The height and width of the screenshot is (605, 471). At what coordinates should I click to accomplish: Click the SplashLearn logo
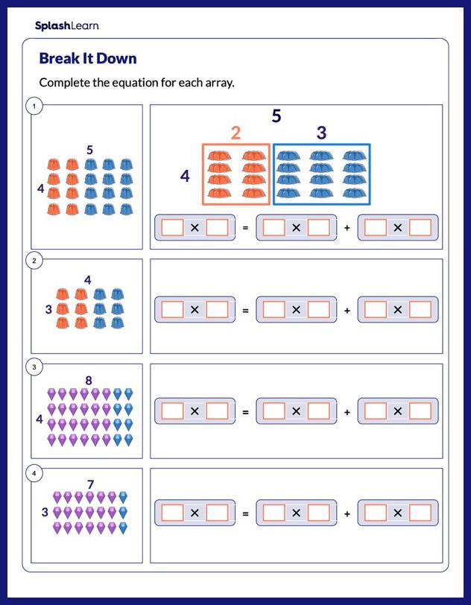click(66, 26)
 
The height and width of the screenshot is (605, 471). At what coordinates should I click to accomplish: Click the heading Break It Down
click(87, 58)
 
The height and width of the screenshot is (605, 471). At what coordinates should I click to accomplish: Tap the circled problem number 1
click(32, 107)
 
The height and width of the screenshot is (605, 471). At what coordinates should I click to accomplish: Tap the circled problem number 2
click(32, 261)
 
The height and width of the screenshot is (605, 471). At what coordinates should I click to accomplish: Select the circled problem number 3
click(32, 367)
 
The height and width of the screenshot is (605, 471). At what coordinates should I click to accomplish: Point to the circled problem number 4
click(32, 472)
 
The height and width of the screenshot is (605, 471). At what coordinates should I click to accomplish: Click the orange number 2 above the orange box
click(235, 133)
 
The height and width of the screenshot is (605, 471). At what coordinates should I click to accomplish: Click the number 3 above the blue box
click(321, 133)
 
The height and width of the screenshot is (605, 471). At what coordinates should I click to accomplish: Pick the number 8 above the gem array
click(89, 381)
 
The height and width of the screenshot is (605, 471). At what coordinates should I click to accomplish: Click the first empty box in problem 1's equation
click(173, 228)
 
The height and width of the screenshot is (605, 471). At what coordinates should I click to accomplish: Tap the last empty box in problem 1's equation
click(420, 228)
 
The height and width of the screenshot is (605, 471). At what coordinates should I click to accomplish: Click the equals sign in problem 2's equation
click(245, 310)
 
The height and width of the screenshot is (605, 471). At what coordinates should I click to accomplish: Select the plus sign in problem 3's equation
click(347, 411)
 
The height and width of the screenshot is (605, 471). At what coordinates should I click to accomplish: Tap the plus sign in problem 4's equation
click(347, 513)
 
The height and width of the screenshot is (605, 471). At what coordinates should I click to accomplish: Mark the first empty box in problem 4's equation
click(173, 513)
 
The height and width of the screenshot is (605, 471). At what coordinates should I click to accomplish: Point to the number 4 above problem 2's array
click(87, 280)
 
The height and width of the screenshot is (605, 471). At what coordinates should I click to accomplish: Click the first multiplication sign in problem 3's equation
click(195, 411)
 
